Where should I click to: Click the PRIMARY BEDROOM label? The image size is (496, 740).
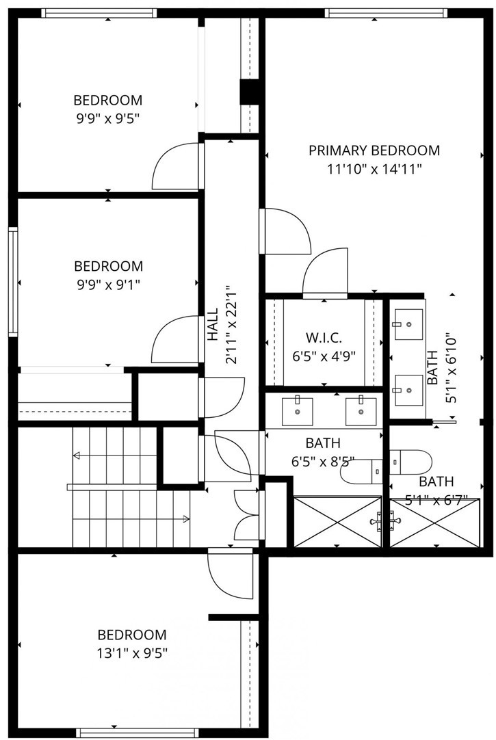pyautogui.click(x=374, y=150)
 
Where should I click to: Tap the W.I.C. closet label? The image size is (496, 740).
pyautogui.click(x=324, y=338)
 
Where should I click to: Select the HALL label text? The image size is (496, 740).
pyautogui.click(x=213, y=324)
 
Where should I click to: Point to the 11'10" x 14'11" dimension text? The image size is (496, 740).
pyautogui.click(x=374, y=169)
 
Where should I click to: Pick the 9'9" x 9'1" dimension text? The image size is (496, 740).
pyautogui.click(x=109, y=285)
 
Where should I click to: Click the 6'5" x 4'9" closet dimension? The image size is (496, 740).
pyautogui.click(x=324, y=356)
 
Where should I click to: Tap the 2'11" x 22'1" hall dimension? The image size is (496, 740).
pyautogui.click(x=231, y=324)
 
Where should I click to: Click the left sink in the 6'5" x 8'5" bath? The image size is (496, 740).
pyautogui.click(x=298, y=411)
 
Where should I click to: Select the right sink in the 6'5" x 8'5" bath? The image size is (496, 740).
pyautogui.click(x=361, y=411)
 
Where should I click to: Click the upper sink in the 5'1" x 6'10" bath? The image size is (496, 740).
pyautogui.click(x=408, y=324)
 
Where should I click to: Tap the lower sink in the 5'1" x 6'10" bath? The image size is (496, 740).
pyautogui.click(x=408, y=391)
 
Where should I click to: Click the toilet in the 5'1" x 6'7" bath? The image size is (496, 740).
pyautogui.click(x=410, y=462)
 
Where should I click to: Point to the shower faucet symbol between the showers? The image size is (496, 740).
pyautogui.click(x=386, y=521)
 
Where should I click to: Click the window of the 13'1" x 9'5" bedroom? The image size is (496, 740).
pyautogui.click(x=138, y=733)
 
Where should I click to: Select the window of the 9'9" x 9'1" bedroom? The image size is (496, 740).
pyautogui.click(x=13, y=282)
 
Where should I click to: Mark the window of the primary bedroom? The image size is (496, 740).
pyautogui.click(x=386, y=13)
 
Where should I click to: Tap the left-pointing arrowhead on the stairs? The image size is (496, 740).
pyautogui.click(x=76, y=455)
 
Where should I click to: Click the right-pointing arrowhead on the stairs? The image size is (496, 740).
pyautogui.click(x=186, y=519)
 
